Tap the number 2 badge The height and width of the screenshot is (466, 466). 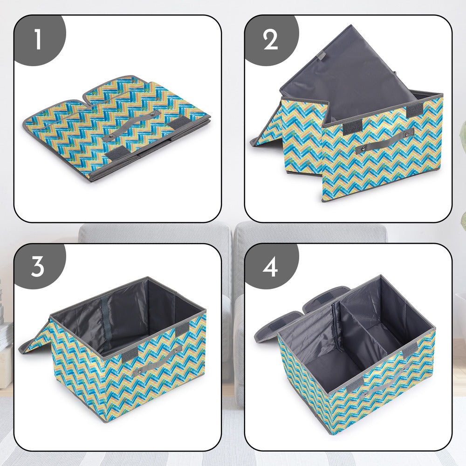click(x=270, y=40)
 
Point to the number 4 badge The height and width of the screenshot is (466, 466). click(x=270, y=267)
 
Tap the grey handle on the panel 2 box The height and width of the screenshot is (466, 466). click(x=385, y=141)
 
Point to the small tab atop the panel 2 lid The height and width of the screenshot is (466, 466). click(x=321, y=55)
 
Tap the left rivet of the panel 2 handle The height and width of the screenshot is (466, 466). click(x=359, y=149)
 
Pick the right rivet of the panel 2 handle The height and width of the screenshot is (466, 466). click(x=410, y=133)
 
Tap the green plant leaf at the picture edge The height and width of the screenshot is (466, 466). click(x=462, y=219)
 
